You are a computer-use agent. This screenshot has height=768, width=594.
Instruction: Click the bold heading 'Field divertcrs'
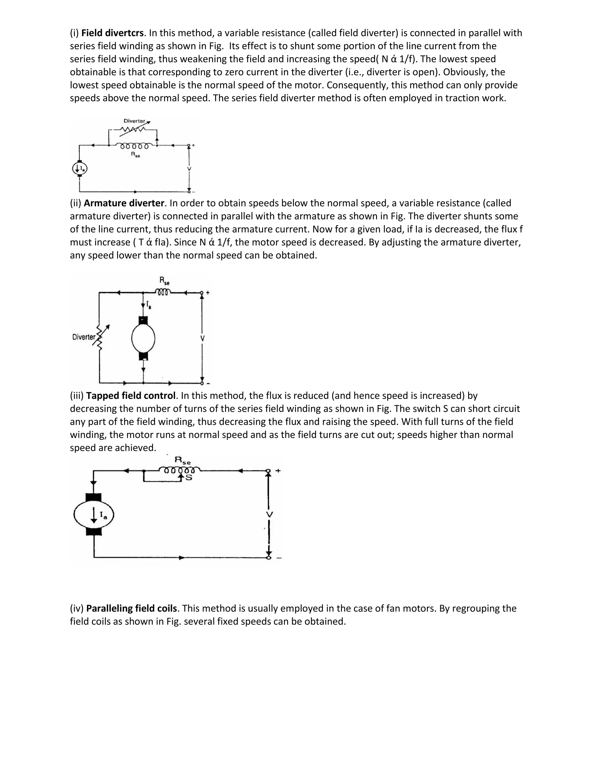point(112,33)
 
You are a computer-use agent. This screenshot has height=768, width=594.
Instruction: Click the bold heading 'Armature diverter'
point(124,203)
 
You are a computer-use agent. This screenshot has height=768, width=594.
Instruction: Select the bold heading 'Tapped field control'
point(131,396)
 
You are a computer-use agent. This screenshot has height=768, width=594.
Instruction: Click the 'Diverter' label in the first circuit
point(134,121)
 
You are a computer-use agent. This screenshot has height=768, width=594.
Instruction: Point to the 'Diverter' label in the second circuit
point(84,337)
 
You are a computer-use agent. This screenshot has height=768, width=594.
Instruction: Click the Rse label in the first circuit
point(135,155)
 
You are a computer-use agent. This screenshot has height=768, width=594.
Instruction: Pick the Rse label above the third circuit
point(183,460)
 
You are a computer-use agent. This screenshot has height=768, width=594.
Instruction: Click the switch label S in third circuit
point(189,478)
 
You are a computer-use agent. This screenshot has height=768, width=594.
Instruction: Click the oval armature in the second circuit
point(143,338)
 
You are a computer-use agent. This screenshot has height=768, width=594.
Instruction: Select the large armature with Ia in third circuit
point(94,515)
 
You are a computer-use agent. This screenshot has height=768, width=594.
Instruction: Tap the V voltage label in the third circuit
point(269,514)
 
